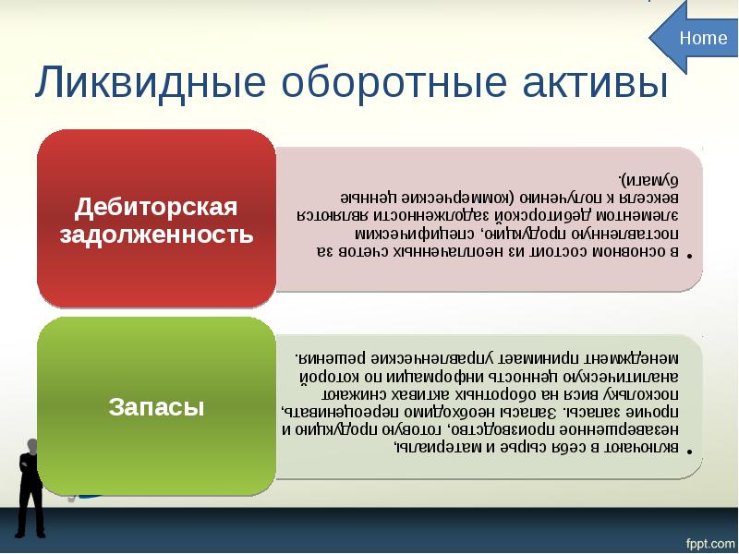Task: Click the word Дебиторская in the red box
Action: (156, 205)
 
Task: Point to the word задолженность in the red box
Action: (156, 235)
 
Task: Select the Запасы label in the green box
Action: (156, 406)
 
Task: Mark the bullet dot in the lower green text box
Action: (691, 454)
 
